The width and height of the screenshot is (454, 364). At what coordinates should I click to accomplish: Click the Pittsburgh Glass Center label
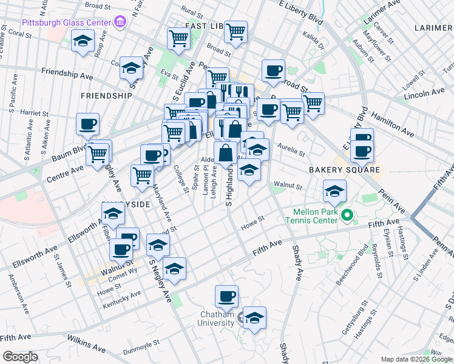pos(67,22)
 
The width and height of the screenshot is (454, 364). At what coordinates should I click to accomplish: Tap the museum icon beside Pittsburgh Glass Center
pos(120,22)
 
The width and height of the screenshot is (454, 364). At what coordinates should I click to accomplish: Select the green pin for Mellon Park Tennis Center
pos(347,215)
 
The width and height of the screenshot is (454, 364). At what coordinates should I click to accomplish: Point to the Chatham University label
pos(217,318)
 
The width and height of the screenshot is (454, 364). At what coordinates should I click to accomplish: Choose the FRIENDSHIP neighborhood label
pos(106,96)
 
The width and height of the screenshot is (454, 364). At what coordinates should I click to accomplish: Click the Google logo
pos(21,356)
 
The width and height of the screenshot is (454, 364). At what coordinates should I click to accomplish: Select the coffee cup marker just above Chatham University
pos(227,297)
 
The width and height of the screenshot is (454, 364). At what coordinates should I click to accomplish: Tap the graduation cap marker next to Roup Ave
pos(82,42)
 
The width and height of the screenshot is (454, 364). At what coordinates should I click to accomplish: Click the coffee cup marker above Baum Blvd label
pos(87,125)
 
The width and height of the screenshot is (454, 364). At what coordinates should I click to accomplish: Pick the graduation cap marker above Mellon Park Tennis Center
pos(334,192)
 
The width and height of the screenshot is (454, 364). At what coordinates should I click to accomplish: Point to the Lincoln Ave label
pos(424,93)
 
